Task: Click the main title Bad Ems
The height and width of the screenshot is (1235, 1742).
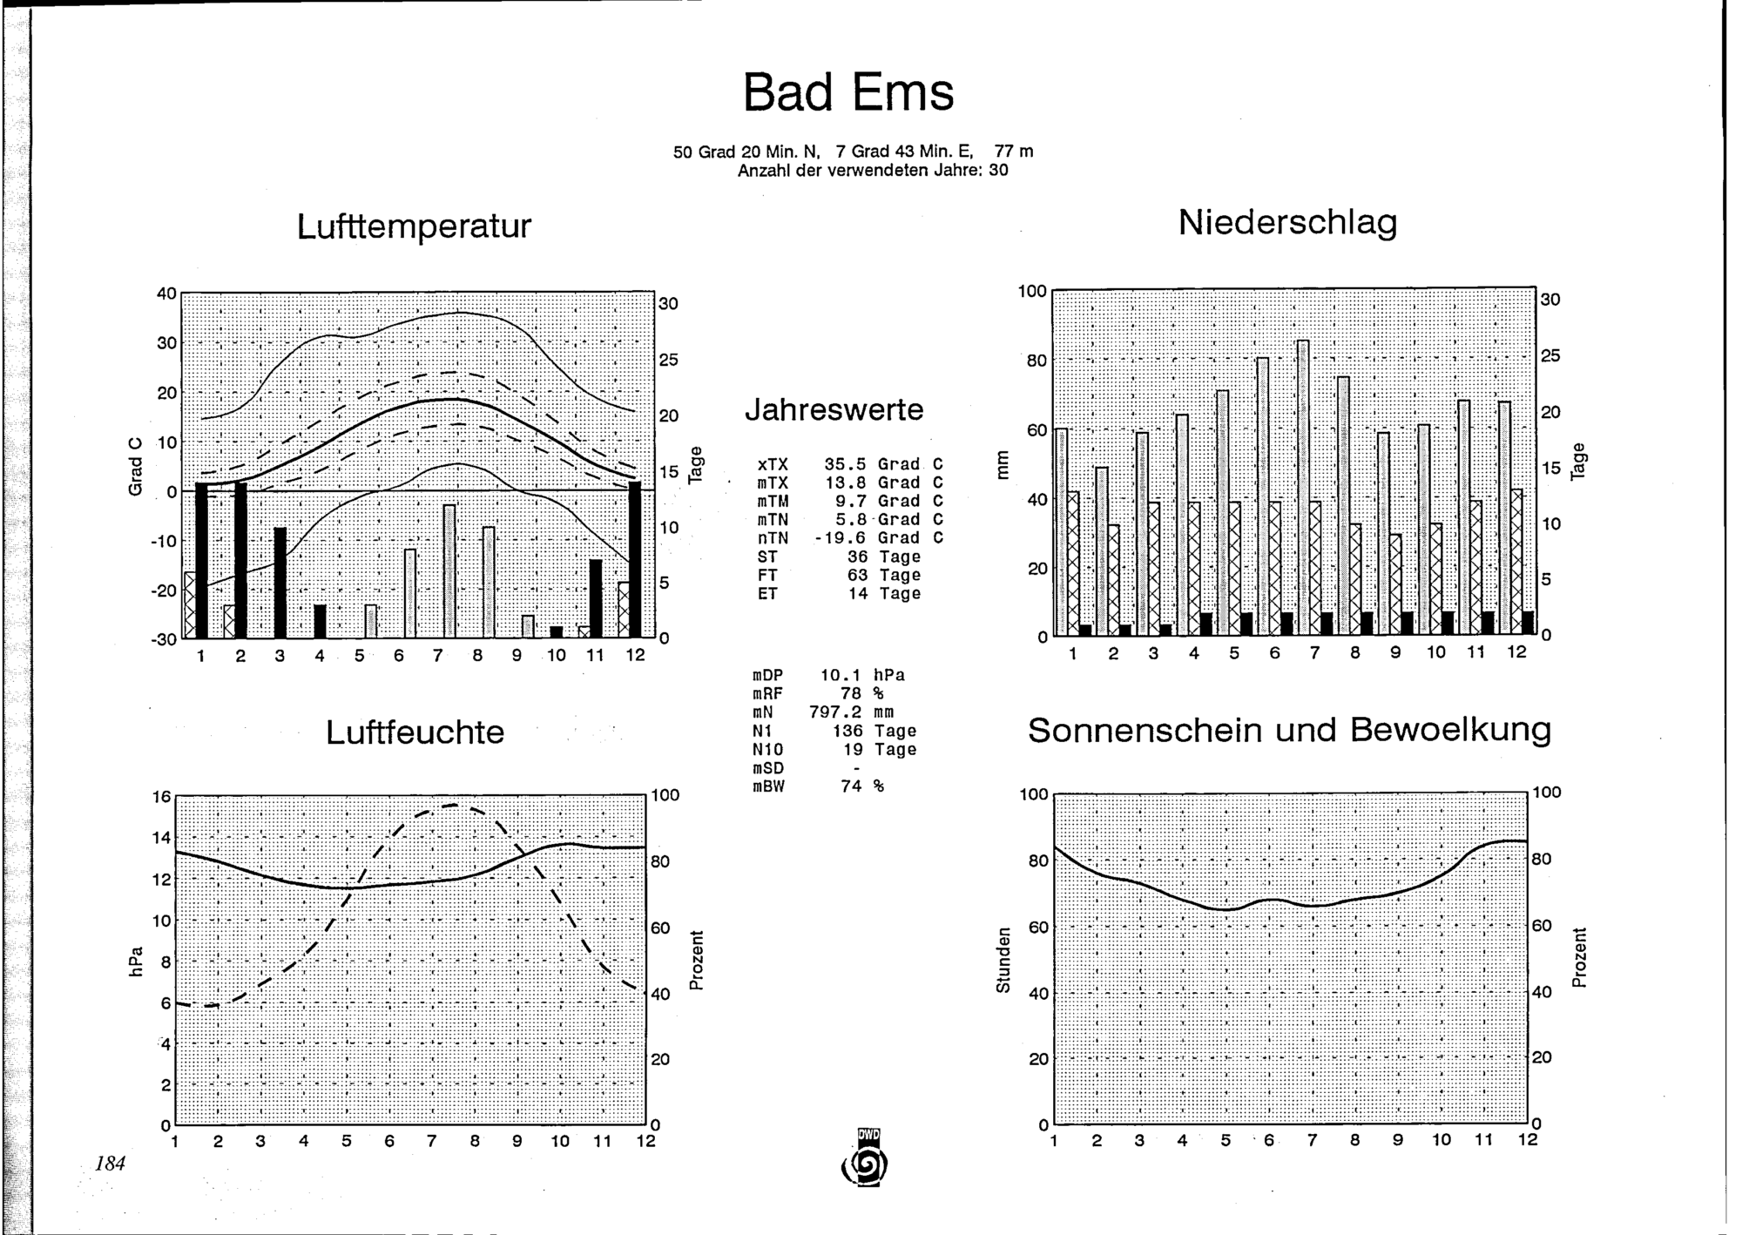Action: [848, 92]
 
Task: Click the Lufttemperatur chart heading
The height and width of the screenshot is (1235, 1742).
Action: [414, 226]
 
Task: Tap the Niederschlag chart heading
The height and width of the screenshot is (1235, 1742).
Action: [1287, 223]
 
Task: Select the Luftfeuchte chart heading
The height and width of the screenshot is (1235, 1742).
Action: [415, 732]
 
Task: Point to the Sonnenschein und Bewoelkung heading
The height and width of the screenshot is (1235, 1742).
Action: [1289, 730]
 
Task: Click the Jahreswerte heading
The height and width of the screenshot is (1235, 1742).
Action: [834, 409]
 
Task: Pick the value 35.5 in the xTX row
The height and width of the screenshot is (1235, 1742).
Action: [845, 465]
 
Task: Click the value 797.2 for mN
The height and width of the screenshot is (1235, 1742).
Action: [834, 712]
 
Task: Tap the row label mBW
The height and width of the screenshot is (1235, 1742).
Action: [768, 786]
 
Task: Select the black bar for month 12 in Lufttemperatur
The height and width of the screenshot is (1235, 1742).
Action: [635, 559]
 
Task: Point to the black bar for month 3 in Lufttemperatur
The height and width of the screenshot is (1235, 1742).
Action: [280, 583]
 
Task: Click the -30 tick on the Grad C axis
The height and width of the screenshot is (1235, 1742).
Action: [166, 640]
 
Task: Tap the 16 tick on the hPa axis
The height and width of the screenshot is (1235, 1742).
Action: [162, 797]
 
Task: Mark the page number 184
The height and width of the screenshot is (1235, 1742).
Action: [111, 1163]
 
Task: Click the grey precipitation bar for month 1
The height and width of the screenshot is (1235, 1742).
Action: [1061, 531]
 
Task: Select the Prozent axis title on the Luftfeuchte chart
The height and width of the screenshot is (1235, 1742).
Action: [696, 960]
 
